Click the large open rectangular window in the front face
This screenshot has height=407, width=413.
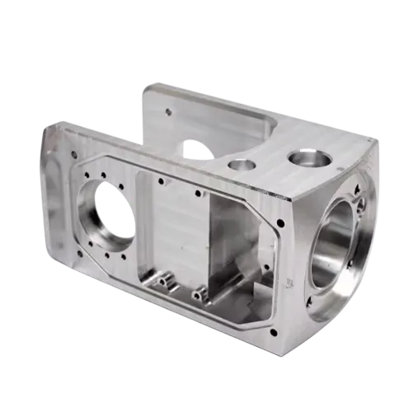coord(239,247)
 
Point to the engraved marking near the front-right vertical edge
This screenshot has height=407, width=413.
coord(288,284)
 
